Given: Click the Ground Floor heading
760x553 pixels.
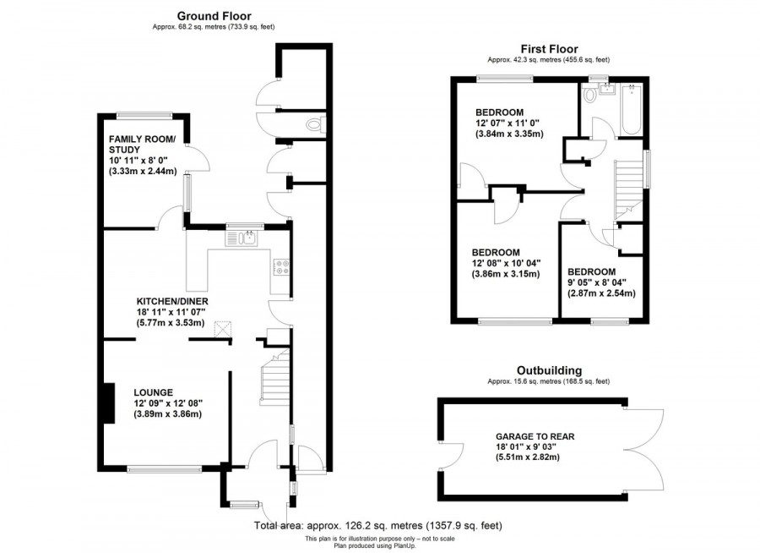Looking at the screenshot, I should click(x=214, y=15).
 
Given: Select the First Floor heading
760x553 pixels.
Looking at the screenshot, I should click(x=548, y=49).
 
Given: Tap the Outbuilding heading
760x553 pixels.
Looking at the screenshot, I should click(x=548, y=370).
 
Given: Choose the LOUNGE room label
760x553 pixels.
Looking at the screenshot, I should click(x=153, y=392).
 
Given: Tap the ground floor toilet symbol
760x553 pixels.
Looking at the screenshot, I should click(x=314, y=125).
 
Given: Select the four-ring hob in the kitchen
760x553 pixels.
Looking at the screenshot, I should click(x=280, y=267).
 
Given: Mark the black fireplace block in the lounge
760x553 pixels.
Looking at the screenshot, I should click(x=107, y=403).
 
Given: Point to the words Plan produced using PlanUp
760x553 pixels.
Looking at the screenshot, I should click(x=379, y=545).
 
